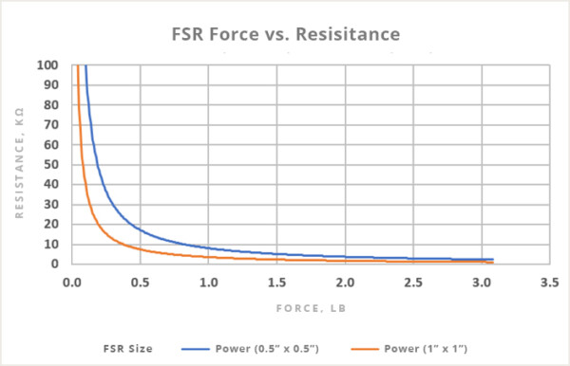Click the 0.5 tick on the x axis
[140, 283]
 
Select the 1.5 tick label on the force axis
[276, 283]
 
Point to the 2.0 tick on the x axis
[345, 283]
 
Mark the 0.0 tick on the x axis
[71, 283]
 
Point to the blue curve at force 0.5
[140, 229]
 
